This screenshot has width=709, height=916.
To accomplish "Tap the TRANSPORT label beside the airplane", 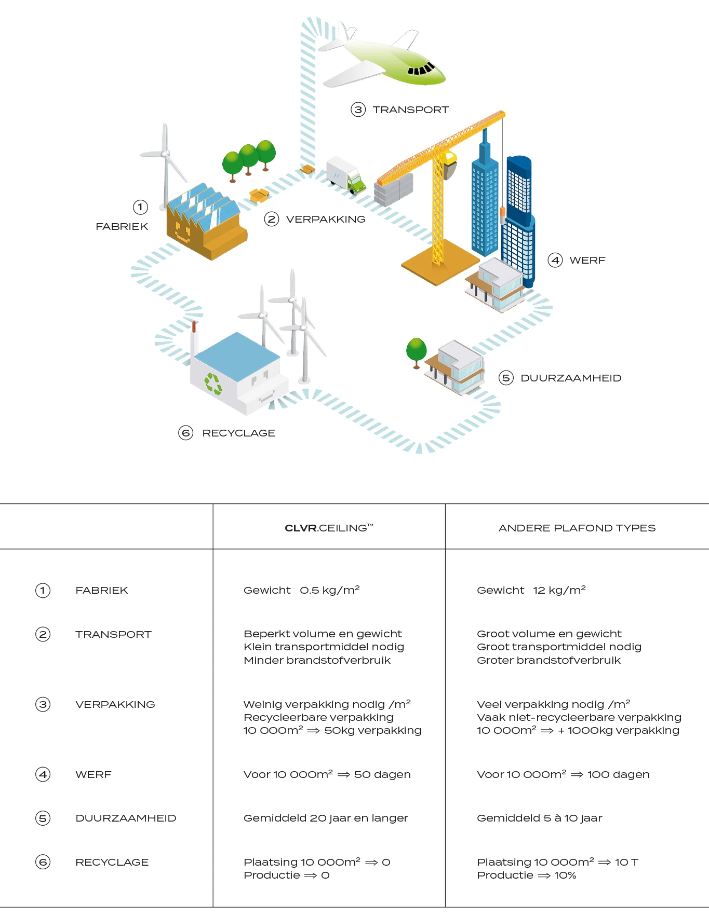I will pos(410,110).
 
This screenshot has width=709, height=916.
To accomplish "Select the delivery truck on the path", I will pos(345,175).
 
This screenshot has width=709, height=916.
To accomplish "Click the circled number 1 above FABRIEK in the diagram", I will pos(140,207).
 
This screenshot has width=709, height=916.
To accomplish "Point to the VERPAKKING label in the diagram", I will pos(326,219).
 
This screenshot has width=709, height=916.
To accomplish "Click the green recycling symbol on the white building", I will pos(213,384).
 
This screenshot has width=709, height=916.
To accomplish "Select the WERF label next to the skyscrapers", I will pos(587,261).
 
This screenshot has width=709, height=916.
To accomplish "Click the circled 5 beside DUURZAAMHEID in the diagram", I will pos(506,378).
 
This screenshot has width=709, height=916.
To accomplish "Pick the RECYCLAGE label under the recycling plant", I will pos(238,433).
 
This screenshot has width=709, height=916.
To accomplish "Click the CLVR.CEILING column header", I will pos(329,528).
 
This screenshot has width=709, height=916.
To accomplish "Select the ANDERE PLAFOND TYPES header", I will pos(577,528).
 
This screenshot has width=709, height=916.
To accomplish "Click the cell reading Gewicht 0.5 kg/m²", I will pos(301,590).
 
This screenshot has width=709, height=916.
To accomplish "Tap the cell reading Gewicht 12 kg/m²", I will pos(531,590).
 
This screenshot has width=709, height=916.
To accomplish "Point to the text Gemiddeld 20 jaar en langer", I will pos(326,818).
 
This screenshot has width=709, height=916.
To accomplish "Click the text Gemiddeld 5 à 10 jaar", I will pos(539,818).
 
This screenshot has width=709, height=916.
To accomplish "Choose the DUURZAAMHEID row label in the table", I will pos(126,818).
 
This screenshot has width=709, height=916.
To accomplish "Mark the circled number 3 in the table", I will pos(43,704).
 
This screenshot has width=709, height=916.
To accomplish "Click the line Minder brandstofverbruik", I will pos(317,660).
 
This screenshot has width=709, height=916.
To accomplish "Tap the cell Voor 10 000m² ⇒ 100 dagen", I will pos(563,774).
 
